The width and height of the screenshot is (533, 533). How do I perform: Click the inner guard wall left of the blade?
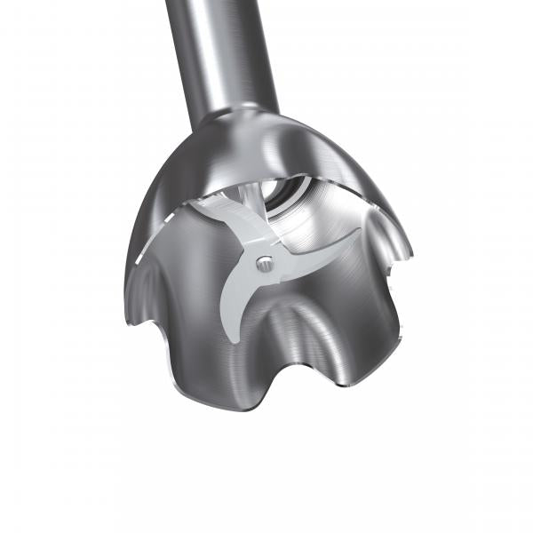191,258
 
